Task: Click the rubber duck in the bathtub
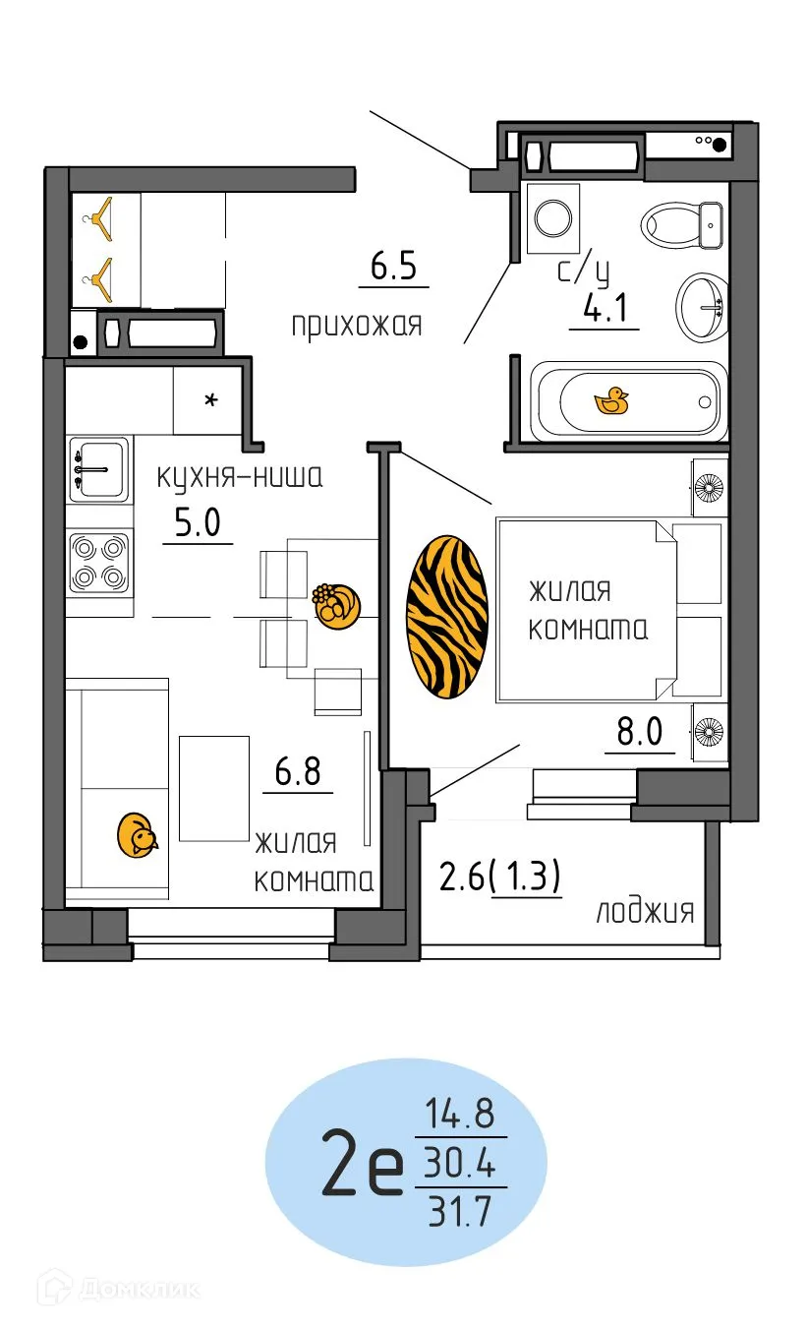[x=612, y=400]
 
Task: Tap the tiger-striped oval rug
[x=447, y=618]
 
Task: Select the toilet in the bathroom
[x=682, y=224]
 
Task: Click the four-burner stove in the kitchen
[x=99, y=562]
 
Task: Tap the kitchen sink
[x=99, y=469]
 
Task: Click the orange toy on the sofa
[x=137, y=834]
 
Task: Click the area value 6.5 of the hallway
[x=393, y=266]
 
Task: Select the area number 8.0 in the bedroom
[x=640, y=733]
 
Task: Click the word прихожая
[x=356, y=325]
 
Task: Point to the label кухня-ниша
[x=240, y=478]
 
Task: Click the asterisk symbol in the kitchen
[x=208, y=400]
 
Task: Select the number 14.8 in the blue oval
[x=459, y=1116]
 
